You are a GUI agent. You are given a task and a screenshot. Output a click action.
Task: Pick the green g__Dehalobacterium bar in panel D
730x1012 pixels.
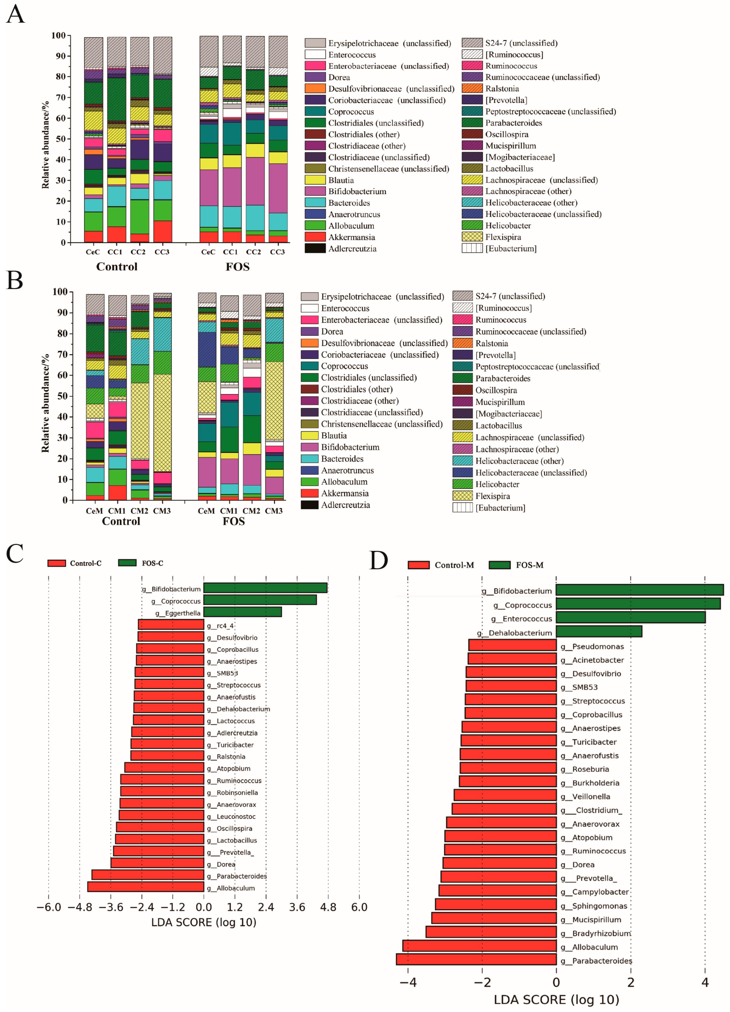[599, 631]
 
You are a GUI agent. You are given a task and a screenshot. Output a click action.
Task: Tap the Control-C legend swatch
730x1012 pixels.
[57, 563]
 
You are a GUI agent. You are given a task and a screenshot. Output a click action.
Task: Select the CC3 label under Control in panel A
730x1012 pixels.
[162, 252]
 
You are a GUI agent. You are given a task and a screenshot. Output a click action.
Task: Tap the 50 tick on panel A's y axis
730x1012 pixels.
[60, 139]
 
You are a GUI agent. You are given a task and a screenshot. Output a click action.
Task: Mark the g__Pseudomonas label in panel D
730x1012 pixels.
[597, 646]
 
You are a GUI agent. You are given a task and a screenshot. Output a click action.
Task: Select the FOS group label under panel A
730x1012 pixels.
[237, 267]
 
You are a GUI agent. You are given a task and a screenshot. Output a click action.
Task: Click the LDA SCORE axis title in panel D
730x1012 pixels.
[556, 1000]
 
